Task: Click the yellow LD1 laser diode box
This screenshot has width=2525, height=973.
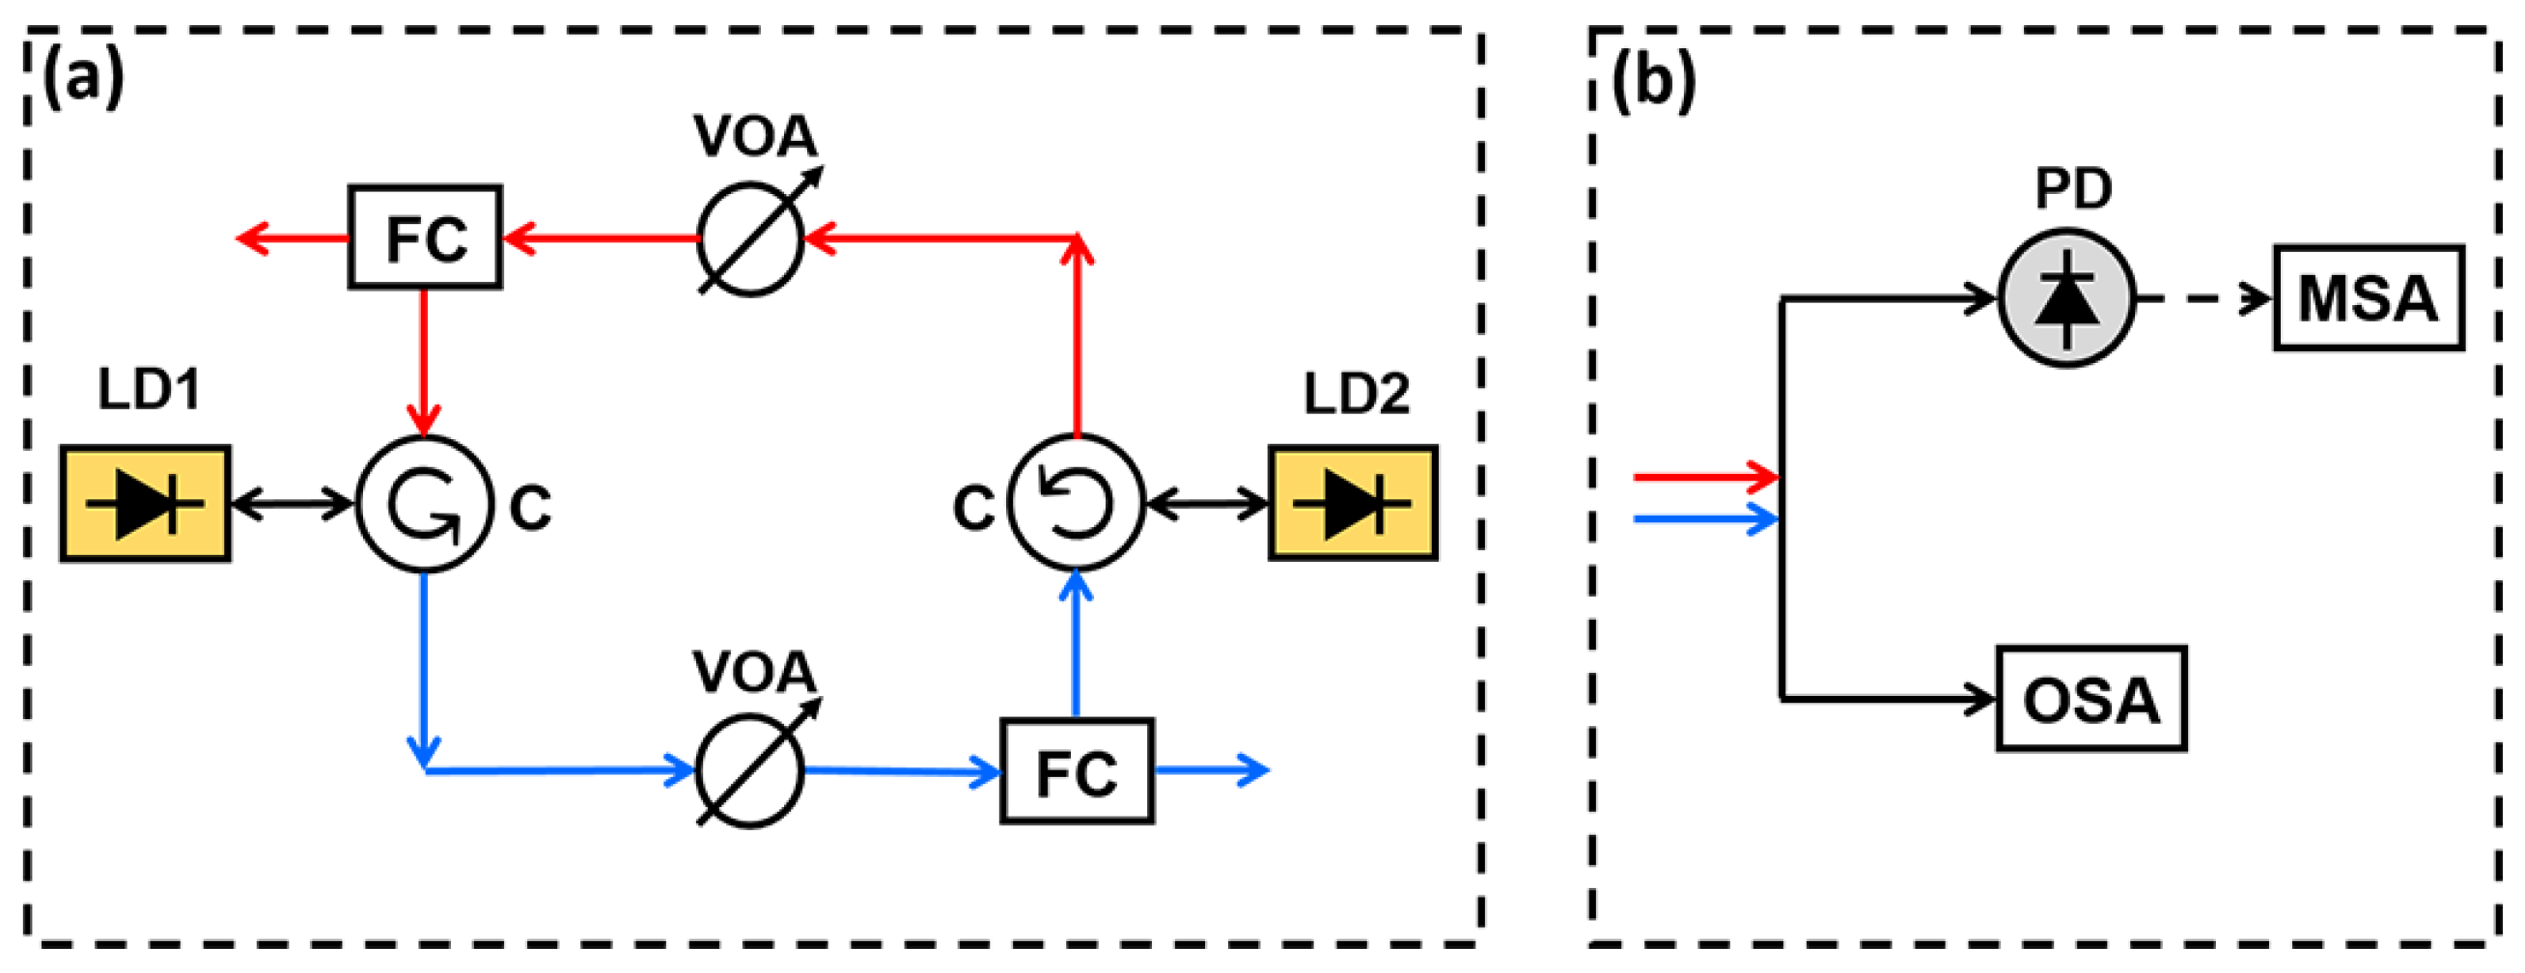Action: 145,504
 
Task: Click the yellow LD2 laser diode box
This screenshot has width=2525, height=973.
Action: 1353,504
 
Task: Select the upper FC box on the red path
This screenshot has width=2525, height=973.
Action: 426,237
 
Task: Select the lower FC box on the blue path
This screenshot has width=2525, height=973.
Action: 1077,771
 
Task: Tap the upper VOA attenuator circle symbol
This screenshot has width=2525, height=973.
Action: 751,238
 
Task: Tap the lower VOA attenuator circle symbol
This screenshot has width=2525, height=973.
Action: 751,770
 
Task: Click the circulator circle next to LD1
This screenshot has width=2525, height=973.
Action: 424,504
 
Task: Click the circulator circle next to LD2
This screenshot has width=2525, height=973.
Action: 1077,503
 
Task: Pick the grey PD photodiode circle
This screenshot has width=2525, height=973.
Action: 2066,299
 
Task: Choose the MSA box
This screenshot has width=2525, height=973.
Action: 2369,298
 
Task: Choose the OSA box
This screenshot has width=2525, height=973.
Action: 2090,699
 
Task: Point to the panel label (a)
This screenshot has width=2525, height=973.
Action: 84,78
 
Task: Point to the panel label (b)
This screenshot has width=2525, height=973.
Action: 1655,80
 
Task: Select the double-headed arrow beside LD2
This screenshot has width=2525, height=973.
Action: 1208,505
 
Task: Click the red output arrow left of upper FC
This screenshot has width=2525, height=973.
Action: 294,237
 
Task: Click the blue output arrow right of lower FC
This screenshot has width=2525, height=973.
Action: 1212,770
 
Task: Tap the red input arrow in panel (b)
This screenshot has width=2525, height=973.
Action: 1705,478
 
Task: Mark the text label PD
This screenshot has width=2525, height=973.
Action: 2072,188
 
